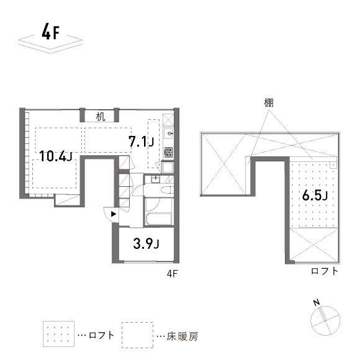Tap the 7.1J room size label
coord(141,142)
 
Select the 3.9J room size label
coord(146,243)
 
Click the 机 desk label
coord(101,115)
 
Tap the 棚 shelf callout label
coord(268,102)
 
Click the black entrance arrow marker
coord(113,214)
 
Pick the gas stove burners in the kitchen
coord(168,151)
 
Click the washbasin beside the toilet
coord(155,179)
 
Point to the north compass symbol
coord(325,318)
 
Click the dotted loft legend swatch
coord(58,335)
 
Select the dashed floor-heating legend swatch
coord(137,335)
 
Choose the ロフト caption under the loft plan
coord(325,271)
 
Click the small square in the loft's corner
coord(333,164)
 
